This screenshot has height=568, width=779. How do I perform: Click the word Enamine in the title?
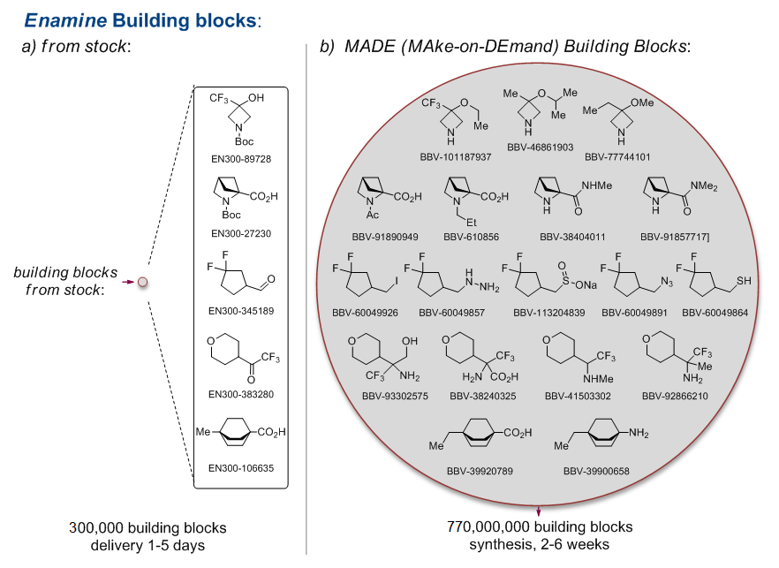pos(59,19)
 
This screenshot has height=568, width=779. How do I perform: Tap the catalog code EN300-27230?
pos(241,233)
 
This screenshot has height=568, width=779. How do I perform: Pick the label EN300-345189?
pos(241,310)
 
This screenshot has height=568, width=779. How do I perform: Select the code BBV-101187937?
pos(458,156)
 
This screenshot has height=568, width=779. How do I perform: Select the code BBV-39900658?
pos(596,471)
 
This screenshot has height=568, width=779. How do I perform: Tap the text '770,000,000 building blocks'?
pos(540,527)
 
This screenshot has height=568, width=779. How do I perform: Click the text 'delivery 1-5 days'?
pos(147,545)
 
